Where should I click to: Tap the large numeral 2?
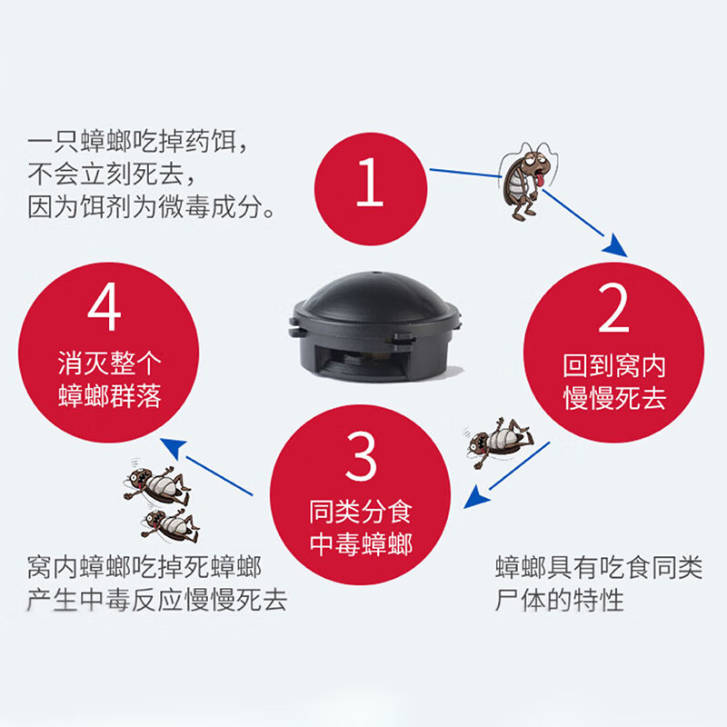tap(613, 308)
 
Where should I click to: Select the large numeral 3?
tap(361, 456)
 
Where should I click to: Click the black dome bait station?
tap(374, 326)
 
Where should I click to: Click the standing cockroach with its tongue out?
tap(527, 181)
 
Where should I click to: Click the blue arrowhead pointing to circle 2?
tap(616, 245)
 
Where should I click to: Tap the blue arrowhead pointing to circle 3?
tap(476, 497)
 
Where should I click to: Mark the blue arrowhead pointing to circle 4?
tap(174, 447)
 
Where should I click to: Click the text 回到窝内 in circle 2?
tap(614, 366)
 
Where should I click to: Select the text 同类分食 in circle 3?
tap(361, 512)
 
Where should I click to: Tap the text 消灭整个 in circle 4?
tap(109, 363)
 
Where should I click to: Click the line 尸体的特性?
tap(559, 601)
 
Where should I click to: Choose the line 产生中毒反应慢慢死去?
tap(156, 601)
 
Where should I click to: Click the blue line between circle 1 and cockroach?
tap(465, 173)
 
